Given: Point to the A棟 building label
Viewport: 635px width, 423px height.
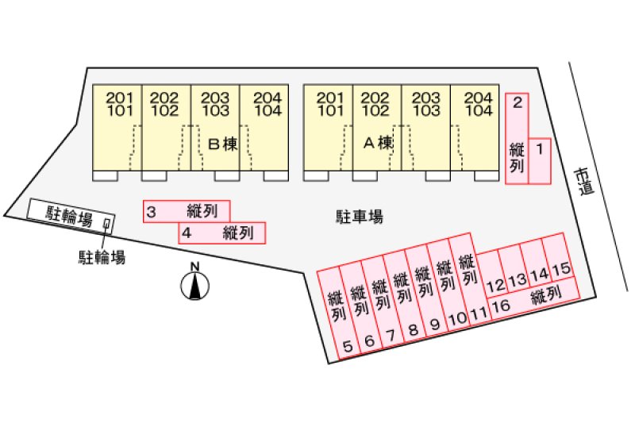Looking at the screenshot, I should pyautogui.click(x=378, y=144).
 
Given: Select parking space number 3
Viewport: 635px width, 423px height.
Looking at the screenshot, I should pyautogui.click(x=151, y=211).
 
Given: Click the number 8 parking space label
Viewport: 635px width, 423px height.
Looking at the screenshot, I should pyautogui.click(x=413, y=329).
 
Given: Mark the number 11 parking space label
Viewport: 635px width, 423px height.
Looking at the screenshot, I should pyautogui.click(x=478, y=314).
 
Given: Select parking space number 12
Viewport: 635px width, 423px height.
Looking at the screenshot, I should pyautogui.click(x=495, y=284).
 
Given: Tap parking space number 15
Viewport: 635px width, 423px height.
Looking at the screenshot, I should pyautogui.click(x=561, y=270).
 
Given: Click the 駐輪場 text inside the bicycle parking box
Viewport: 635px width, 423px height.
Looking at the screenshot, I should pyautogui.click(x=70, y=215).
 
